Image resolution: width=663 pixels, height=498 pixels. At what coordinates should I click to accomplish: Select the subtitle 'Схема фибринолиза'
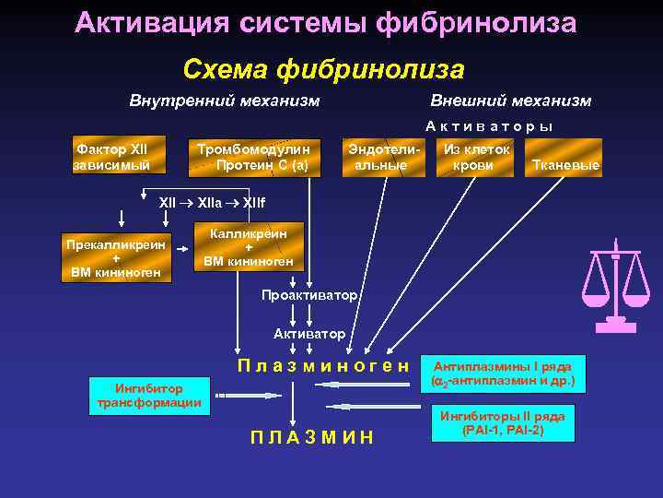[323, 69]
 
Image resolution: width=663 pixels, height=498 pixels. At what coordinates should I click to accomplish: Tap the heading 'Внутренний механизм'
[225, 101]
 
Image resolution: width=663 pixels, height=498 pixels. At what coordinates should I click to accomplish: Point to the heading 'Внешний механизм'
[510, 101]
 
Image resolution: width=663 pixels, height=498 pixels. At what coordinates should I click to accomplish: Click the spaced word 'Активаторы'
[489, 126]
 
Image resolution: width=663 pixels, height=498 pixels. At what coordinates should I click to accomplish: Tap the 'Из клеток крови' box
[476, 158]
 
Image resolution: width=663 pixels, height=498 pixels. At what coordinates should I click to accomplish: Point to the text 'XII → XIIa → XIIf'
[212, 201]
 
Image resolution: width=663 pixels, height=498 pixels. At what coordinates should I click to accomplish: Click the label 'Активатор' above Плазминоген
[309, 333]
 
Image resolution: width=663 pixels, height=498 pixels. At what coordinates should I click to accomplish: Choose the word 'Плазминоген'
[322, 365]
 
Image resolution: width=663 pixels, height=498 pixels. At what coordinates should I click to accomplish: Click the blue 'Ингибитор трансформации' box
[150, 395]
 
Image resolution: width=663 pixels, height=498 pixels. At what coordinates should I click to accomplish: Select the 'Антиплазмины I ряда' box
[503, 373]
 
